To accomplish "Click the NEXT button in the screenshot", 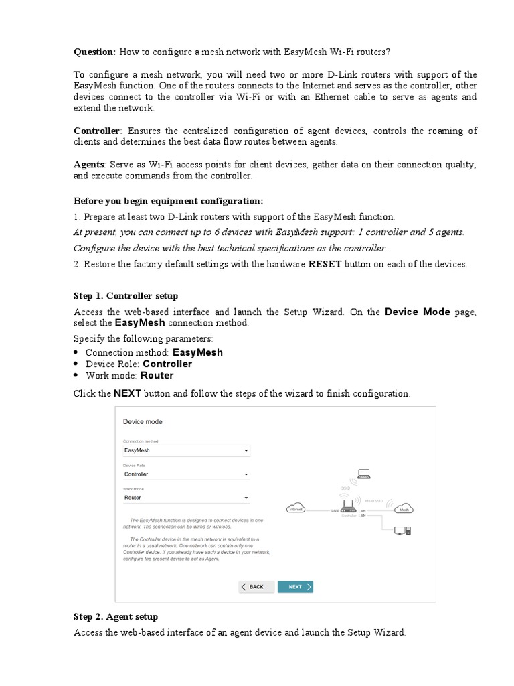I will tap(295, 587).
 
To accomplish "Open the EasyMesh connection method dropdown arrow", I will tap(246, 451).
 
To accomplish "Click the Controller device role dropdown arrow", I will tap(246, 474).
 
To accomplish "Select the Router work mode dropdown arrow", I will tap(246, 498).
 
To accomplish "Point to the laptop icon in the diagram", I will tap(363, 474).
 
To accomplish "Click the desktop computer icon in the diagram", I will tap(402, 531).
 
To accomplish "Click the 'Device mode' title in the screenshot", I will tap(143, 422).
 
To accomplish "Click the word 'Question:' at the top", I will tap(94, 52).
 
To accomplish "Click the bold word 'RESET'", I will tap(325, 264).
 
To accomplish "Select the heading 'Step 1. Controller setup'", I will tap(126, 295).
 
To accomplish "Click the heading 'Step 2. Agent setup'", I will tap(116, 616).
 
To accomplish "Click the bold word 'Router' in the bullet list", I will tap(157, 376).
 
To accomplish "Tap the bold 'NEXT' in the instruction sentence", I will tap(127, 393).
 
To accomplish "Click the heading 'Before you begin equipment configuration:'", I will tap(169, 201).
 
